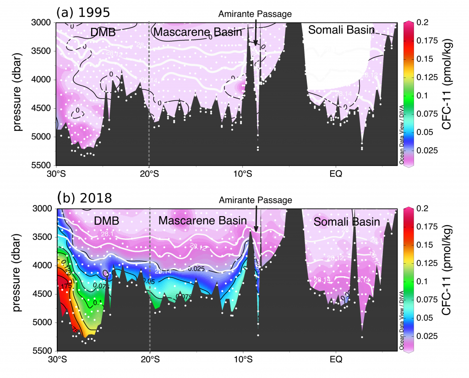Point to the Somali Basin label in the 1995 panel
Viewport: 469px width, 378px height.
[341, 30]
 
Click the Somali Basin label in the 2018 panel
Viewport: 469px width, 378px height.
[347, 222]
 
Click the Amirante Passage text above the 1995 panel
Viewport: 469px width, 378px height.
[255, 14]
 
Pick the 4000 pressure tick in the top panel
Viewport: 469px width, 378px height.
[42, 79]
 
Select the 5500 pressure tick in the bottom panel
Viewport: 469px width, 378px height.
[42, 350]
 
